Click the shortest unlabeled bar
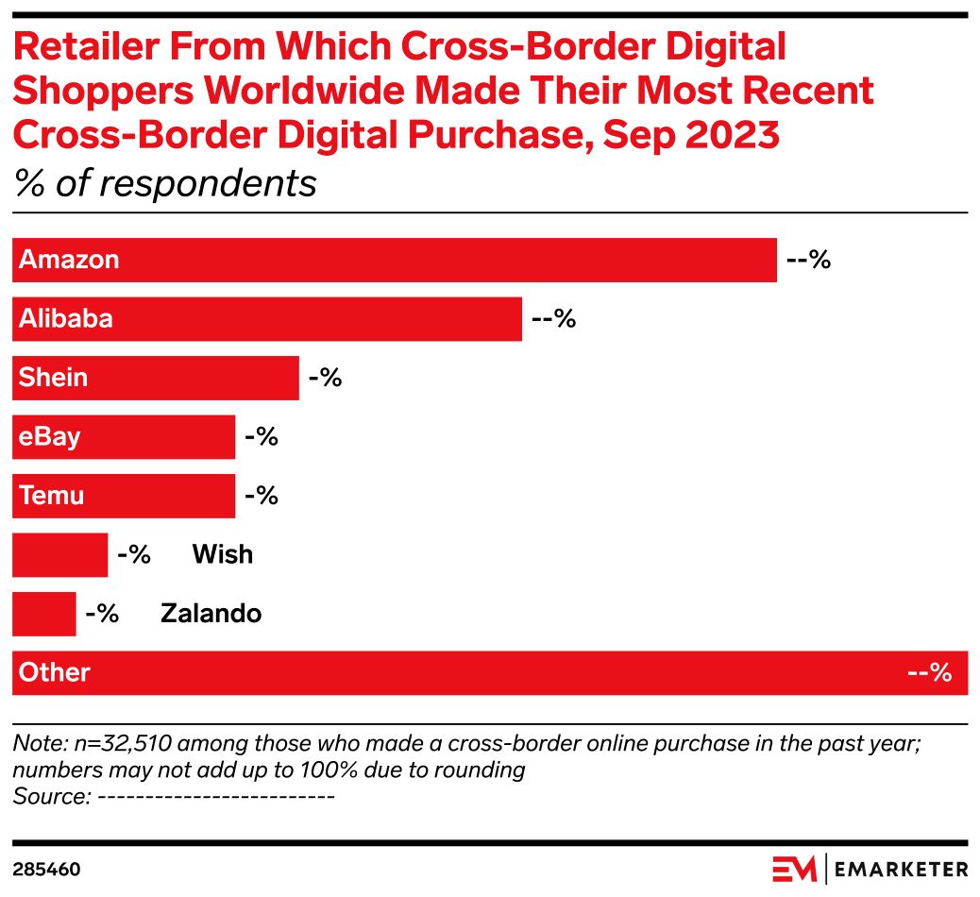[x=44, y=614]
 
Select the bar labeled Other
[x=491, y=673]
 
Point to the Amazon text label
[x=69, y=260]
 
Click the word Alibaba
[x=66, y=319]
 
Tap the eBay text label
[x=50, y=437]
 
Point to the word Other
[x=55, y=673]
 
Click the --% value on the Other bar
[x=929, y=673]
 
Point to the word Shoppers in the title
[x=102, y=92]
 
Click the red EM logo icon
[x=794, y=869]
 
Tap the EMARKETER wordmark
[x=902, y=869]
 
